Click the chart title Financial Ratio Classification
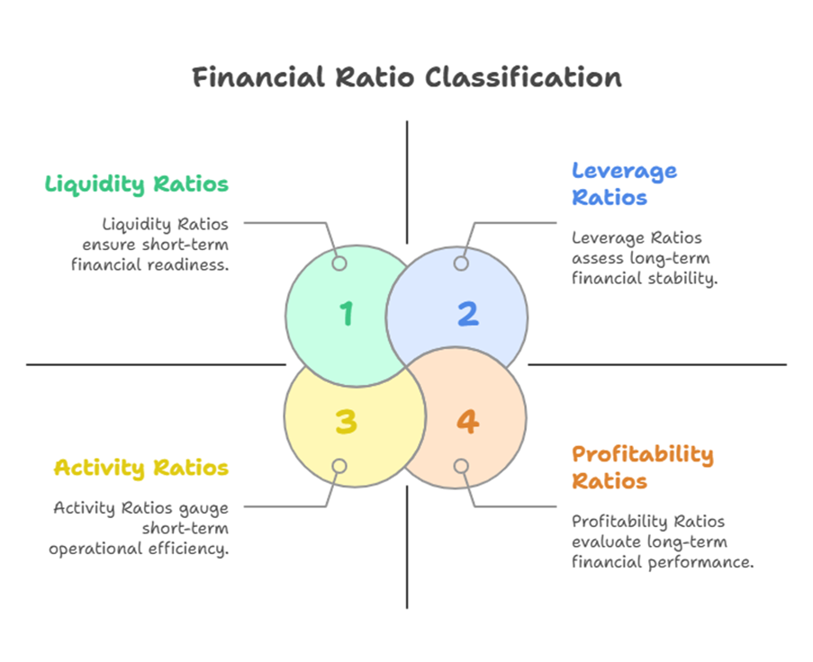(406, 77)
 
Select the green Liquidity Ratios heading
(137, 184)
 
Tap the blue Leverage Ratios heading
(624, 183)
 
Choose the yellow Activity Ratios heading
(140, 468)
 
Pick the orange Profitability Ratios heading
(643, 467)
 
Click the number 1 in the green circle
(347, 314)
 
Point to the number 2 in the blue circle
(467, 314)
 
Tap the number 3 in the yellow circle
(347, 421)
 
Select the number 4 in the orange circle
(467, 421)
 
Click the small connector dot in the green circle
(339, 264)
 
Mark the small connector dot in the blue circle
(461, 264)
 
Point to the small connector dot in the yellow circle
(339, 466)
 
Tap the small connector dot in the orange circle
(461, 466)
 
